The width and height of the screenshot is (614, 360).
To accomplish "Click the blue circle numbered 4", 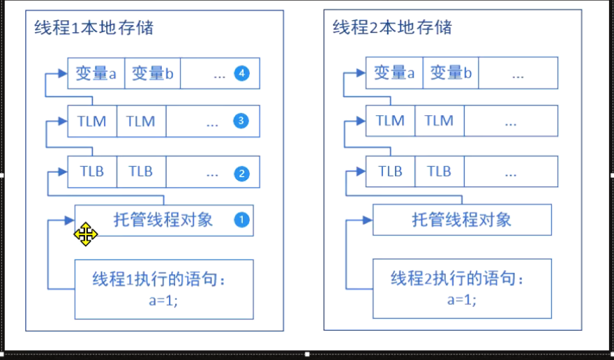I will [x=241, y=73].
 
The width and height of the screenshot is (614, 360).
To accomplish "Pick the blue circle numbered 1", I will [x=241, y=220].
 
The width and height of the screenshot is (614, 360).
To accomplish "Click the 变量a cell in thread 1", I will [x=96, y=73].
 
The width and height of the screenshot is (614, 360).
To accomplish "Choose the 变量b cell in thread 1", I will [x=152, y=73].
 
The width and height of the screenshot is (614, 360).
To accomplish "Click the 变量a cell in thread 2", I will [x=394, y=73].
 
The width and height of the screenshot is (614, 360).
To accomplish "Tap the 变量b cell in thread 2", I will [x=450, y=73].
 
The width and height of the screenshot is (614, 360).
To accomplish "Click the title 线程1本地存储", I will [x=94, y=28].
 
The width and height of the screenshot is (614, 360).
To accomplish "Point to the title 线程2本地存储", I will [x=392, y=27].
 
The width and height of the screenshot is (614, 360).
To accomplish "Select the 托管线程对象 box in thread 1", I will [x=163, y=220].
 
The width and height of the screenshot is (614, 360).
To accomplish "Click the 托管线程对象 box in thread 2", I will [x=462, y=220].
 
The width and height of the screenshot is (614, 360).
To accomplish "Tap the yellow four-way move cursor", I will [x=86, y=234].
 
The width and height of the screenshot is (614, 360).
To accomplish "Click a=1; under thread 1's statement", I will [x=163, y=300].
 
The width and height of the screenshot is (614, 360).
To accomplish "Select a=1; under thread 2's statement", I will [x=462, y=300].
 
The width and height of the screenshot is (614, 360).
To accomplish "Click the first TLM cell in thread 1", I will [x=92, y=121].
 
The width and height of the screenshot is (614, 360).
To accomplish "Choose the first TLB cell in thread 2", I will [x=390, y=171].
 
